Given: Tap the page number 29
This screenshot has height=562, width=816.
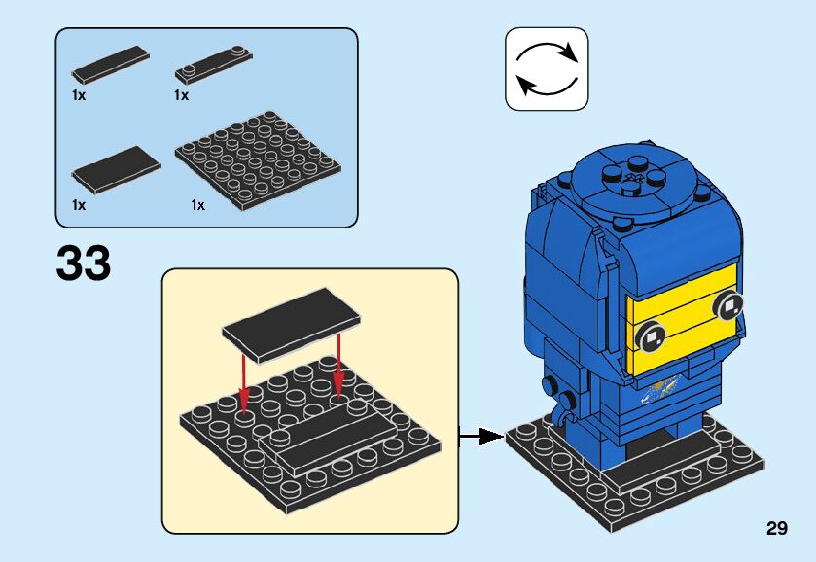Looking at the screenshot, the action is click(776, 529).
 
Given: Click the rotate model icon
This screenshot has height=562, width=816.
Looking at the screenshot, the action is click(547, 68).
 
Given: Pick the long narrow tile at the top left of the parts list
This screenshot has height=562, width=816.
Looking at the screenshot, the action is click(109, 63).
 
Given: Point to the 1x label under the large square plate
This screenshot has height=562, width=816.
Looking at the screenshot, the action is click(198, 204).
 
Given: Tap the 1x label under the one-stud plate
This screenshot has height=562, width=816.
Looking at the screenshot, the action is click(181, 95).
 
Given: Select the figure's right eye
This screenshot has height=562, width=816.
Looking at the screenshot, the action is click(726, 307).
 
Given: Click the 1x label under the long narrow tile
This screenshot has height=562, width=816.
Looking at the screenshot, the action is click(79, 95).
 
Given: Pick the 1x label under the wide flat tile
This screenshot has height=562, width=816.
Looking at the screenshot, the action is click(79, 204).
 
